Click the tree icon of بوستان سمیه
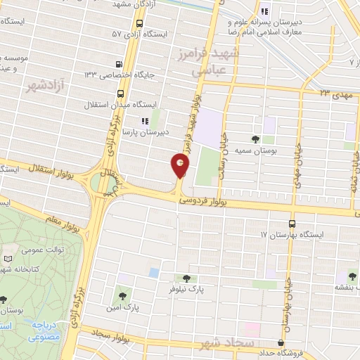(x=256, y=138)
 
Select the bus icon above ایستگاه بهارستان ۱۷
(x=292, y=223)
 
